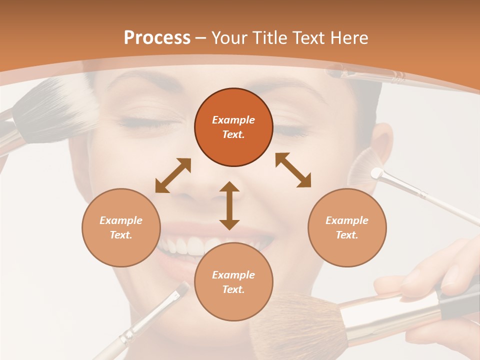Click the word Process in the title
pyautogui.click(x=157, y=38)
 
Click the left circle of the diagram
pyautogui.click(x=121, y=227)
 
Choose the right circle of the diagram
pyautogui.click(x=347, y=227)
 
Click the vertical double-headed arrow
pyautogui.click(x=229, y=205)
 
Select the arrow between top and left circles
pyautogui.click(x=173, y=175)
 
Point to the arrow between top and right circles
pyautogui.click(x=293, y=170)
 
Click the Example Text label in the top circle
pyautogui.click(x=233, y=127)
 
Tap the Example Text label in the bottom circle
pyautogui.click(x=233, y=282)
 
